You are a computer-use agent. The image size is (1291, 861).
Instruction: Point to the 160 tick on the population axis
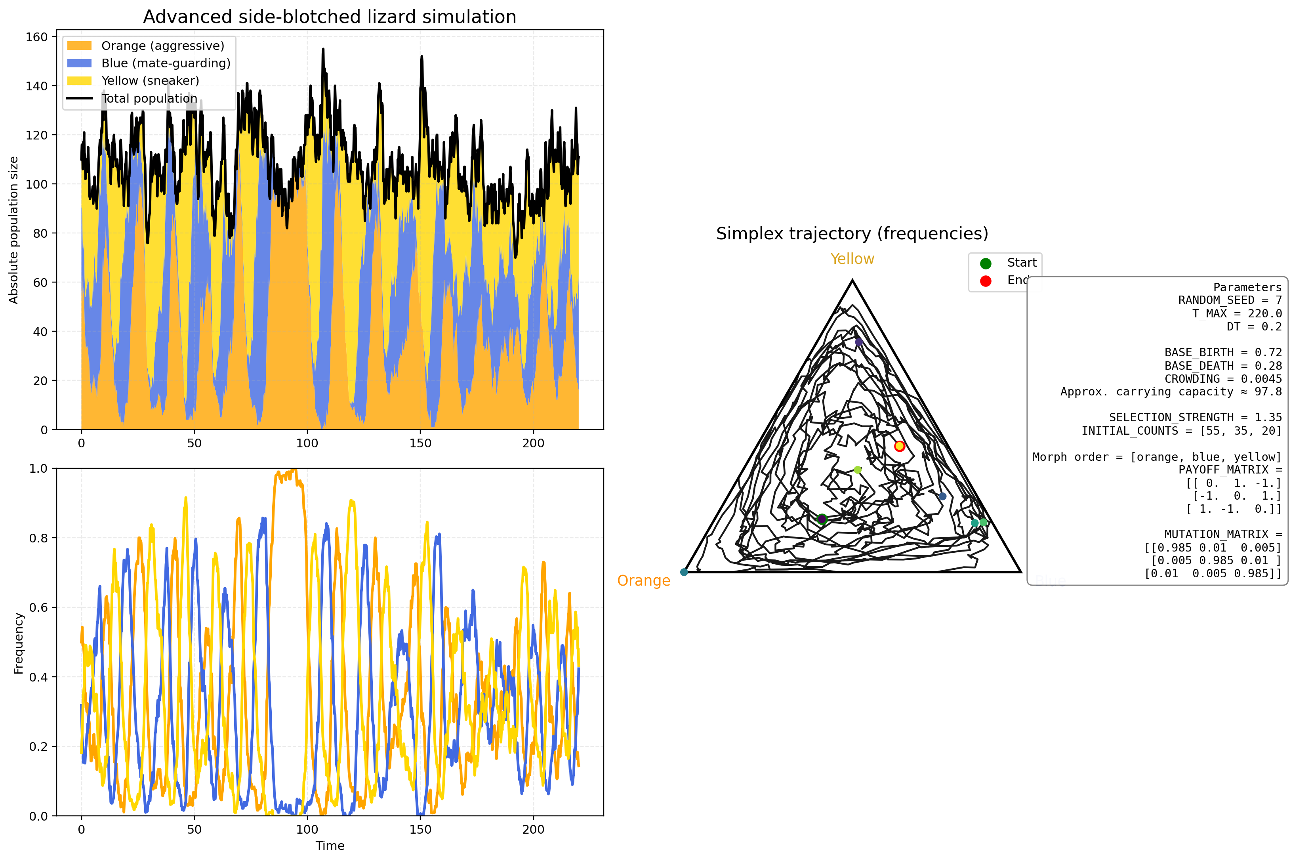tap(37, 37)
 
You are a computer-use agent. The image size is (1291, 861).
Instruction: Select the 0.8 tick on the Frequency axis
tap(38, 538)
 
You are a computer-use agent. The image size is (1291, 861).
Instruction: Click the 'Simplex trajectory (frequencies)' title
tap(852, 233)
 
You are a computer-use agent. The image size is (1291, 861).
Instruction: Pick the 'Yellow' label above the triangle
tap(852, 259)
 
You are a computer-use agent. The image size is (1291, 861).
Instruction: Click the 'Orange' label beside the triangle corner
tap(643, 580)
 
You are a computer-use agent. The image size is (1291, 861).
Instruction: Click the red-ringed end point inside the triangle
tap(899, 446)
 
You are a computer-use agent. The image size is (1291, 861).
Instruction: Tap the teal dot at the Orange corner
tap(684, 572)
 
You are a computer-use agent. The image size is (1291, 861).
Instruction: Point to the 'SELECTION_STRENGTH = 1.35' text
tap(1195, 417)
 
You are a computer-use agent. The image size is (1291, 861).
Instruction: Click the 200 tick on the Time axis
tap(533, 829)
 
